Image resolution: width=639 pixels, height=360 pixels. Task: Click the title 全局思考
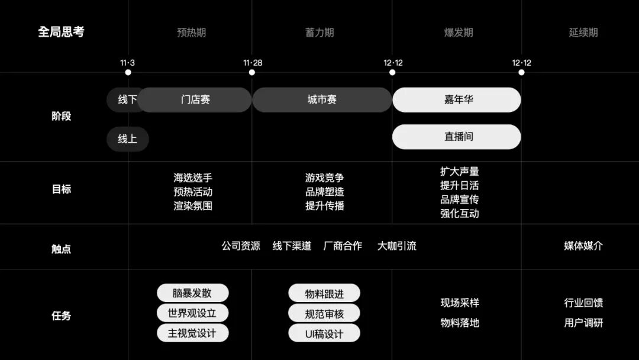point(61,32)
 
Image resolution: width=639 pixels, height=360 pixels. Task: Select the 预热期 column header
point(191,33)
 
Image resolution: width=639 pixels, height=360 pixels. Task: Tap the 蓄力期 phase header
point(319,33)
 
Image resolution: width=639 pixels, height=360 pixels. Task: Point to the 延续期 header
point(583,33)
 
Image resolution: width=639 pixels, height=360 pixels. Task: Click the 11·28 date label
point(252,63)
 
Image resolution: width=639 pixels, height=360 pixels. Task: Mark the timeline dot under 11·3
point(128,73)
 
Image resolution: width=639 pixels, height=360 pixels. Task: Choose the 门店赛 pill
point(195,99)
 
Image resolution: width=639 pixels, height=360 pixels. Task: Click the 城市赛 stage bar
point(322,99)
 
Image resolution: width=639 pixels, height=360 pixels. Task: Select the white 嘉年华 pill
point(457,99)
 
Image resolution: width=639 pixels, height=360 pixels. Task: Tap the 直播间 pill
point(457,137)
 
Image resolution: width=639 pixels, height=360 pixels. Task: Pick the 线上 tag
point(127,139)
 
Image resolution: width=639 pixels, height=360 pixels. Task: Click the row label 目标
point(61,189)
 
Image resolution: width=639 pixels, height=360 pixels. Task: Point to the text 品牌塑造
point(324,192)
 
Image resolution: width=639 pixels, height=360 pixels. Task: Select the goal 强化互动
point(459,214)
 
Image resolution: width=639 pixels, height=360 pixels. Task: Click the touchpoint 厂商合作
point(343,246)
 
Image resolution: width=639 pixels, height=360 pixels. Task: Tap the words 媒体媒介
point(583,246)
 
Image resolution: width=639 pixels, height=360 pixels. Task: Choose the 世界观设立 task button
point(192,313)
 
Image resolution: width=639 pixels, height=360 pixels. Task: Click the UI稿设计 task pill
point(324,333)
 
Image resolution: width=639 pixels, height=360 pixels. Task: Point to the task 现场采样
point(459,303)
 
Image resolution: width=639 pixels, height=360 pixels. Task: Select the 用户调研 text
point(583,323)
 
